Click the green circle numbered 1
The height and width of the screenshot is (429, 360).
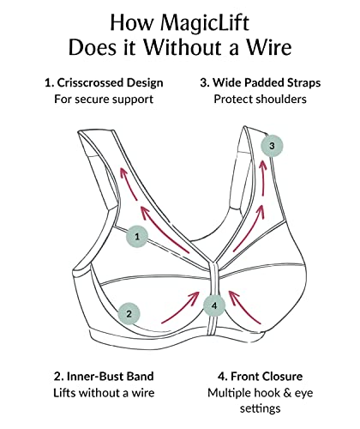click(x=136, y=233)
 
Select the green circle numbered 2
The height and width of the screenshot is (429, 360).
click(x=129, y=313)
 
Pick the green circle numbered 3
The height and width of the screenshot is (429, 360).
click(x=272, y=146)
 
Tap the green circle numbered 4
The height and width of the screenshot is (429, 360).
click(x=214, y=303)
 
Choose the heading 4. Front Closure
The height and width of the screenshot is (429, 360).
click(x=257, y=376)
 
